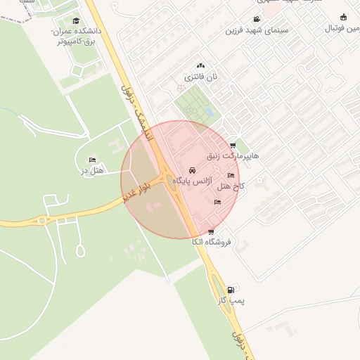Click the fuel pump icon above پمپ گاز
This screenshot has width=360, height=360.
click(232, 288)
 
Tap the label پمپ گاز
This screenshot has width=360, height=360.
click(231, 300)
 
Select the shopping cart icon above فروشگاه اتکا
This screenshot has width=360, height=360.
click(211, 231)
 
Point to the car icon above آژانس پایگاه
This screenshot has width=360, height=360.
click(193, 171)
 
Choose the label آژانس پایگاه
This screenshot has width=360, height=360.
click(192, 181)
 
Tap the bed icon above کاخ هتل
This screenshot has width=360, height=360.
click(231, 176)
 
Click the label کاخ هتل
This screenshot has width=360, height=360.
click(231, 186)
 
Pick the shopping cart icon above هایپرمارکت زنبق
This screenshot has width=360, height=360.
click(233, 146)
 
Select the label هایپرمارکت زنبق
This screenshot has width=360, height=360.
click(233, 155)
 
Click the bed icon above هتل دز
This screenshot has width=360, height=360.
click(93, 160)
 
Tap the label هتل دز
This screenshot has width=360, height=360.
click(92, 171)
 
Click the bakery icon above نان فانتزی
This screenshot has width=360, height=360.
click(201, 65)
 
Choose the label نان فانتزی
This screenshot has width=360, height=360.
click(200, 76)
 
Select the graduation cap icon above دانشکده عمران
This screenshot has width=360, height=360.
click(76, 20)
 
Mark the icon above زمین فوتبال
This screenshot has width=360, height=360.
click(343, 18)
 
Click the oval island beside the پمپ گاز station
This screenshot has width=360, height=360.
click(217, 288)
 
